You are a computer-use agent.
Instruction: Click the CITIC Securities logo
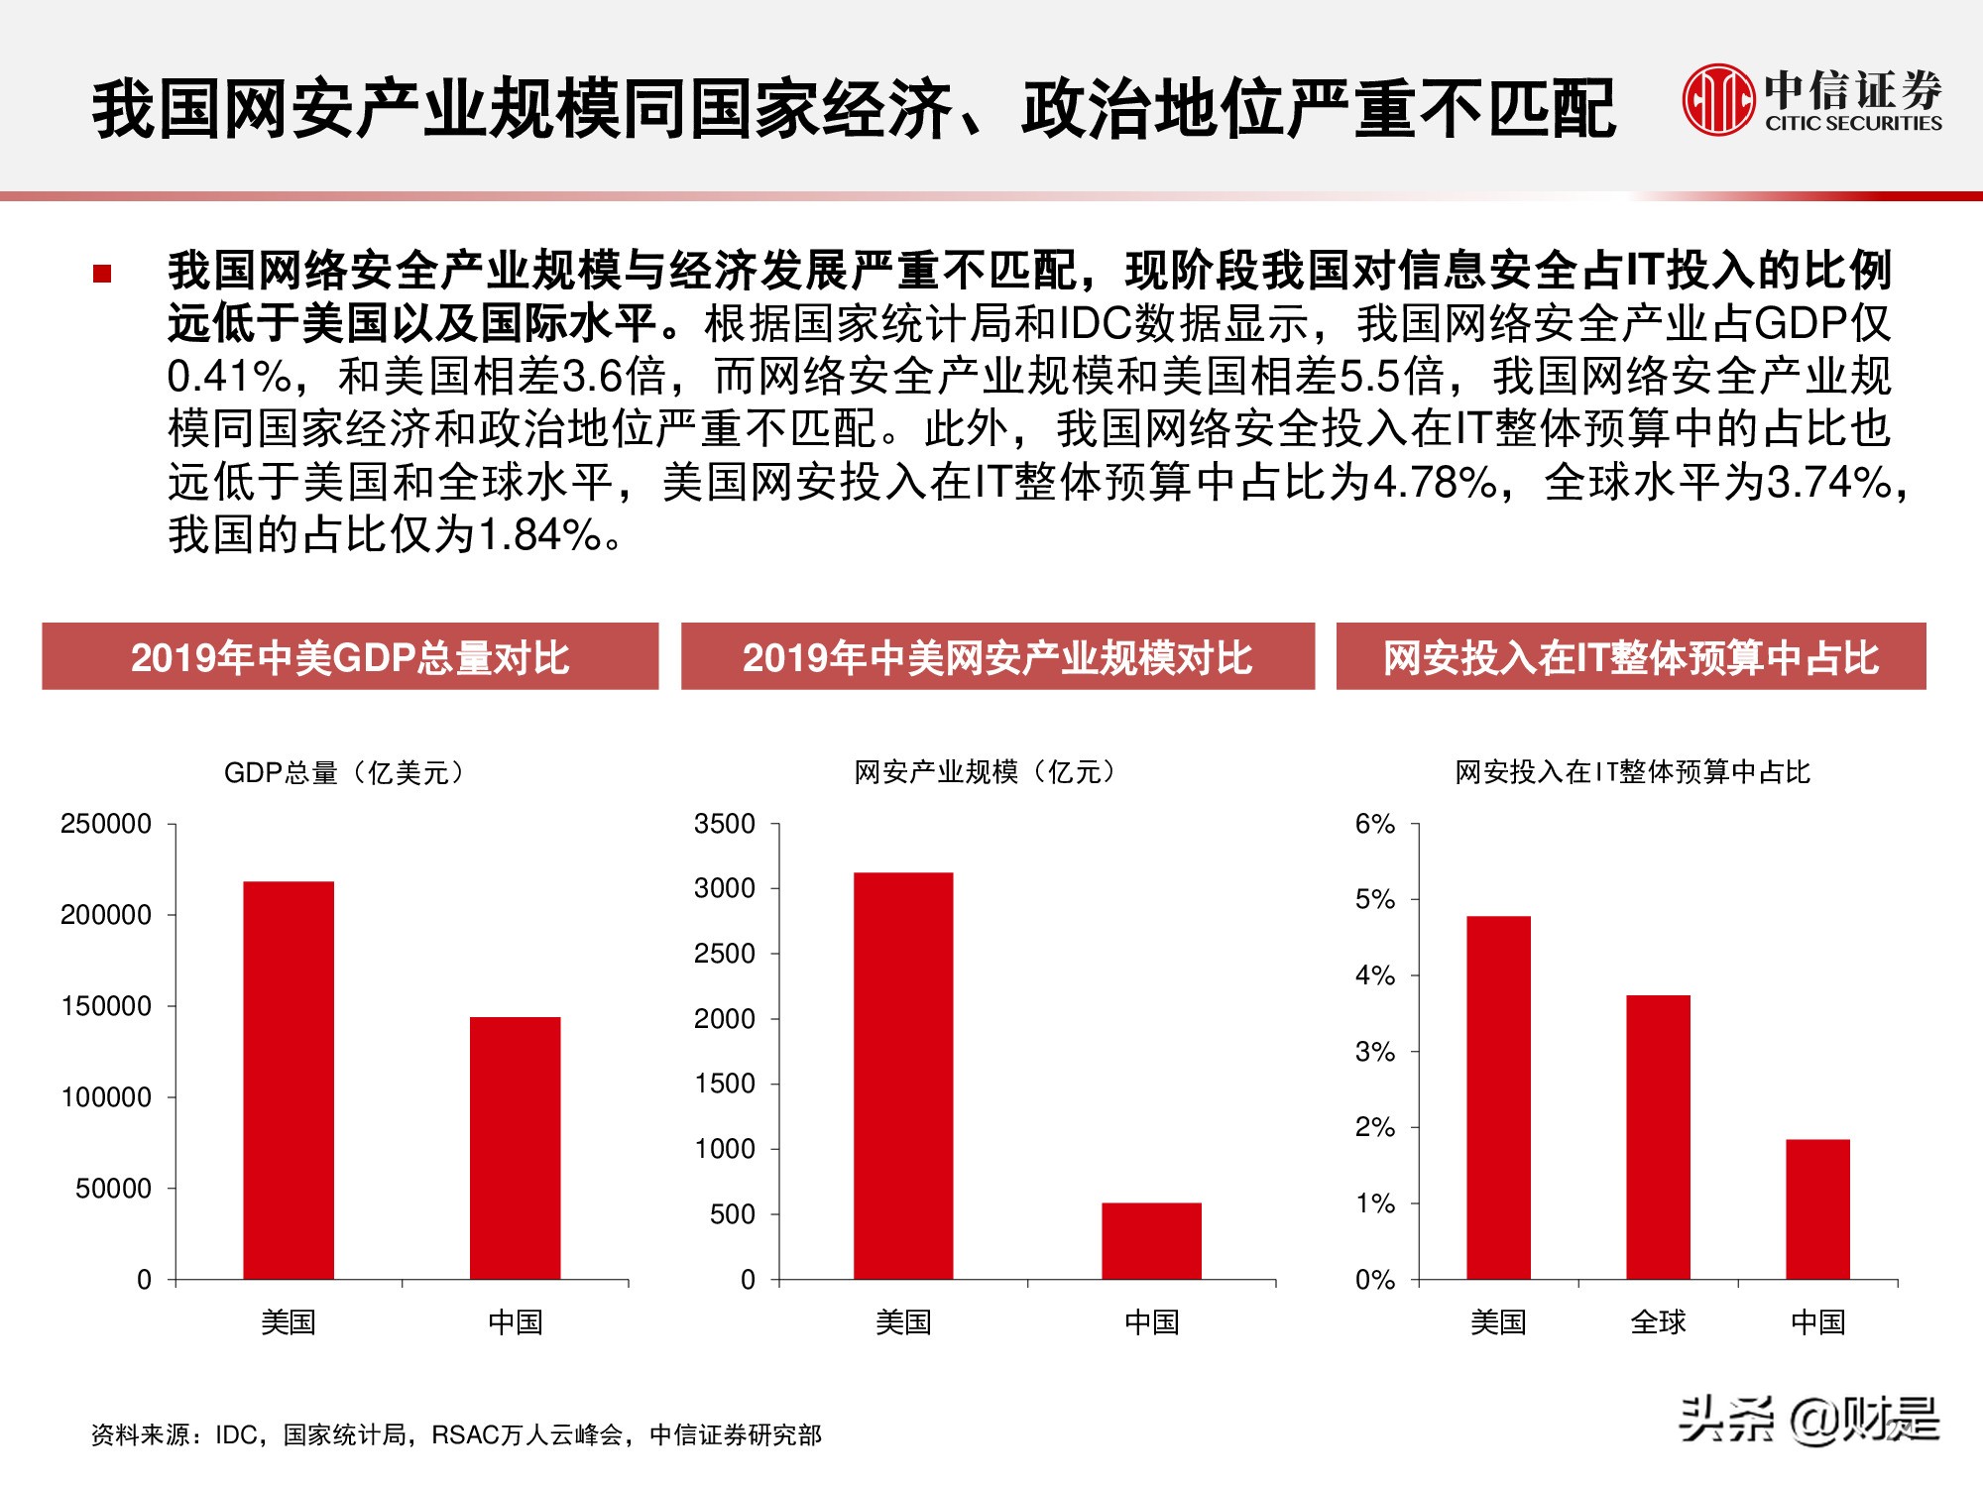pyautogui.click(x=1811, y=99)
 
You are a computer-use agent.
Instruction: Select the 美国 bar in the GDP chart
pyautogui.click(x=289, y=1080)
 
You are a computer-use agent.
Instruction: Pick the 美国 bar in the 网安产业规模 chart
pyautogui.click(x=903, y=1076)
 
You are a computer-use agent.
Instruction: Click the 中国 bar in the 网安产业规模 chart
pyautogui.click(x=1151, y=1240)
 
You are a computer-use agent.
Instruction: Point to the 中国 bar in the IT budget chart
pyautogui.click(x=1817, y=1208)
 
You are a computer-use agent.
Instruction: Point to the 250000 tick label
pyautogui.click(x=106, y=824)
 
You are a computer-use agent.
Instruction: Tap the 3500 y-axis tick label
pyautogui.click(x=725, y=824)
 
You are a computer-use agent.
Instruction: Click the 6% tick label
pyautogui.click(x=1375, y=824)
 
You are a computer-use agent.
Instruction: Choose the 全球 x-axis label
pyautogui.click(x=1658, y=1321)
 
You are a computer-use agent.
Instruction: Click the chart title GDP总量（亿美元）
pyautogui.click(x=344, y=772)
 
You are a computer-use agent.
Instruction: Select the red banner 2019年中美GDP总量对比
pyautogui.click(x=350, y=656)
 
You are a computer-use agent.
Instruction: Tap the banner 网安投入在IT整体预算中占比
pyautogui.click(x=1631, y=656)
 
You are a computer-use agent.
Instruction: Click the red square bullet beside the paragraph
pyautogui.click(x=102, y=274)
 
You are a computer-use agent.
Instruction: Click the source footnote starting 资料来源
pyautogui.click(x=456, y=1434)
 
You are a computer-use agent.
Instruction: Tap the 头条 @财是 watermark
pyautogui.click(x=1808, y=1420)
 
